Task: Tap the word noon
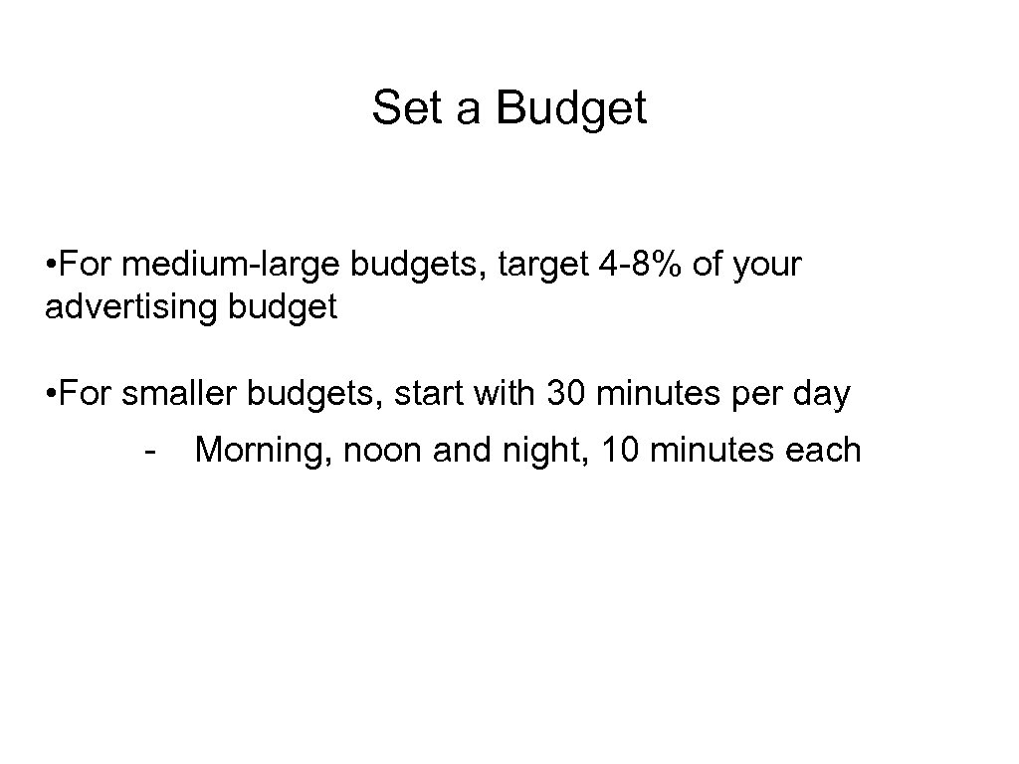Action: [379, 451]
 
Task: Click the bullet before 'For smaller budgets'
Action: [50, 395]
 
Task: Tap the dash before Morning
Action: [149, 452]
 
